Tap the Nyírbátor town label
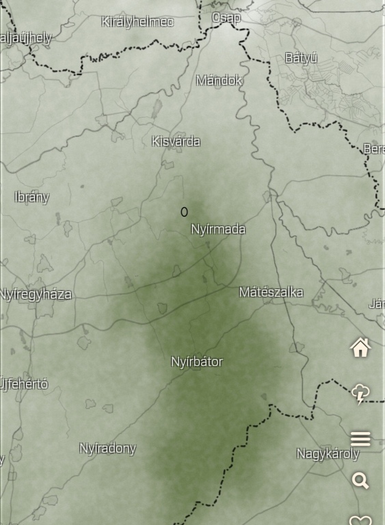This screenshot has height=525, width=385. pos(197,362)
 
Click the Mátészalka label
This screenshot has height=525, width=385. pos(271,292)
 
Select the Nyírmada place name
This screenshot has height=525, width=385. pos(217,229)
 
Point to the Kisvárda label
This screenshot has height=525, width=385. pos(176,142)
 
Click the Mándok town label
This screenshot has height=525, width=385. pos(219,80)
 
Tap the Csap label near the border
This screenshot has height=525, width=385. pos(226,18)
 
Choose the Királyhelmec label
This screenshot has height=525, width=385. pos(137,22)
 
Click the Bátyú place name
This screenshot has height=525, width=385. pos(301,58)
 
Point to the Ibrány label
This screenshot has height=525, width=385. pos(31,197)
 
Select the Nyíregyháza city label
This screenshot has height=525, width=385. pos(36,295)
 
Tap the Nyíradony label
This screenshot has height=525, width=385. pos(107,448)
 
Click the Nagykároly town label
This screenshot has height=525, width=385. pos(327,453)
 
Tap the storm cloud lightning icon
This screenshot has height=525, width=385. pos(360,394)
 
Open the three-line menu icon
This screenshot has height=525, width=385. pos(360,438)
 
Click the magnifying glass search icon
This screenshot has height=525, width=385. pos(360,481)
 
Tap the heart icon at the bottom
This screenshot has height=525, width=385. pos(360,520)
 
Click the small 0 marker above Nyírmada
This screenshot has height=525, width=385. pos(184,213)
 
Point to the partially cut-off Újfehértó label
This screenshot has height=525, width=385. pos(23,384)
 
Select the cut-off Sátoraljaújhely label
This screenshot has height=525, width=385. pos(25,38)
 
